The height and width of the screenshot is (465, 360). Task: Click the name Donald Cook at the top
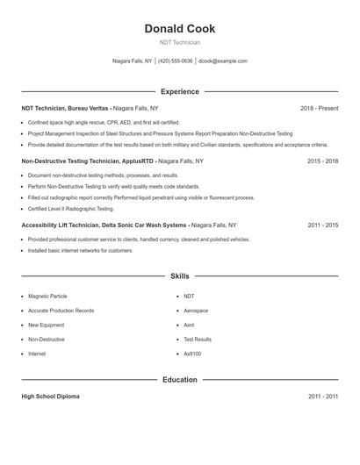coord(179,29)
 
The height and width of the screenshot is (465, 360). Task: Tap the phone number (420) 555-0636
coord(175,61)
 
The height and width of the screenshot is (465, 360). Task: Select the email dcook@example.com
coord(223,61)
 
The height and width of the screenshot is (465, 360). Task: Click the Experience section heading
coord(179,91)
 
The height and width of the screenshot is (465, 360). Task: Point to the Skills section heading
coord(179,276)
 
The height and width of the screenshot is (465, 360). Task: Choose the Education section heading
coord(179,380)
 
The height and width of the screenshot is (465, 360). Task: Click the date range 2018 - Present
coord(319,109)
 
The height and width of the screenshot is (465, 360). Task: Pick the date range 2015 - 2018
coord(323,161)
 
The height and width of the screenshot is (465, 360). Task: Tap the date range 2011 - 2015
coord(323,225)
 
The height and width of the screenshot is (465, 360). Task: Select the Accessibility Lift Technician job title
coord(104,225)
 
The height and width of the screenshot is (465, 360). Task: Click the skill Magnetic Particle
coord(47,297)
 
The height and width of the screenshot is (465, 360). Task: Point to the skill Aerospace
coord(196,311)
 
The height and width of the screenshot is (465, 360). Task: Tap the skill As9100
coord(193,354)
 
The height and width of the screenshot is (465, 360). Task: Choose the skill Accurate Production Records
coord(61,311)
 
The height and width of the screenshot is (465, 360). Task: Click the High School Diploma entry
coord(50,397)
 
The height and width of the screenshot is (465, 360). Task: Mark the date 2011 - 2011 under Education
coord(323,397)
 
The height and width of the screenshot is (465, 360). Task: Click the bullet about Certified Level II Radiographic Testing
coord(71,209)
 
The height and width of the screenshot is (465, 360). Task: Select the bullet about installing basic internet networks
coord(81,251)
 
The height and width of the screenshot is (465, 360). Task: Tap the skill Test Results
coord(198,340)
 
